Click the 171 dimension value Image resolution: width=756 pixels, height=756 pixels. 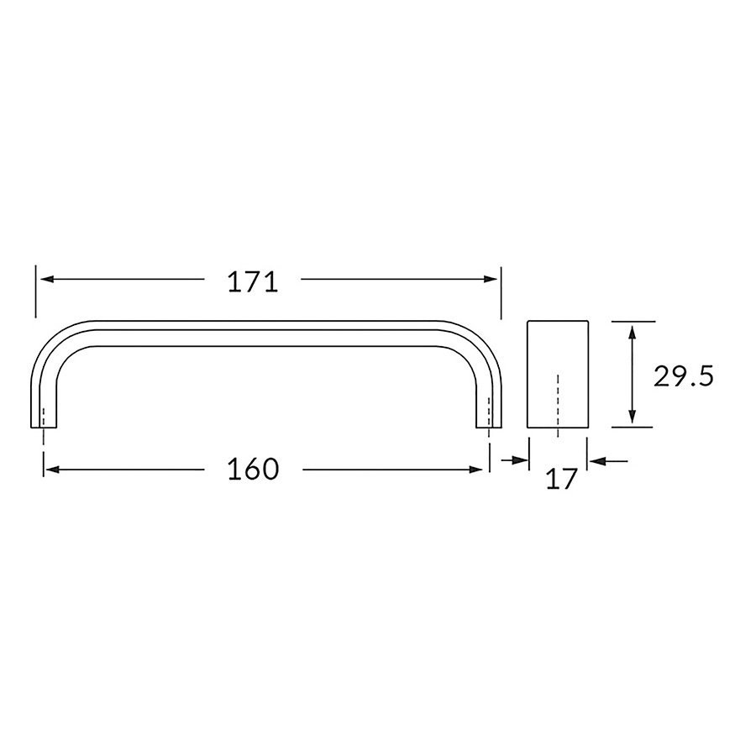tap(253, 282)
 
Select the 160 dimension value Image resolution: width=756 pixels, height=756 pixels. tap(253, 469)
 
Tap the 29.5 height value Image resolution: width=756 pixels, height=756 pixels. tap(683, 376)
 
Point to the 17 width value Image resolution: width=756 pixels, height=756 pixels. tap(562, 480)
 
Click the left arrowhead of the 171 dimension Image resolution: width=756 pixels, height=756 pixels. tap(47, 279)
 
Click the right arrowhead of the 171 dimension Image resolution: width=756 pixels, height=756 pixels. tap(491, 279)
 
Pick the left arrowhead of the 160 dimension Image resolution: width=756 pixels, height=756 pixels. tap(51, 470)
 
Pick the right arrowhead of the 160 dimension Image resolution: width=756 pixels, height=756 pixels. tap(476, 470)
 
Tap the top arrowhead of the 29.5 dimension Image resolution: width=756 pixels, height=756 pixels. tap(633, 333)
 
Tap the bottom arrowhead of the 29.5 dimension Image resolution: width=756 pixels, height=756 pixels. tap(633, 416)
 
